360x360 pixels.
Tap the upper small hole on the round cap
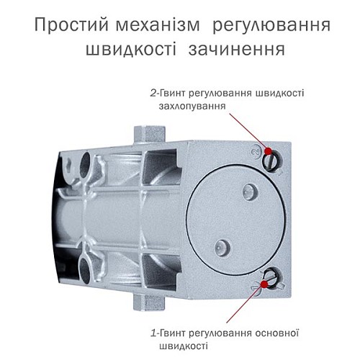point(250,191)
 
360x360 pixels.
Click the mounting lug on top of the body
point(149,133)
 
